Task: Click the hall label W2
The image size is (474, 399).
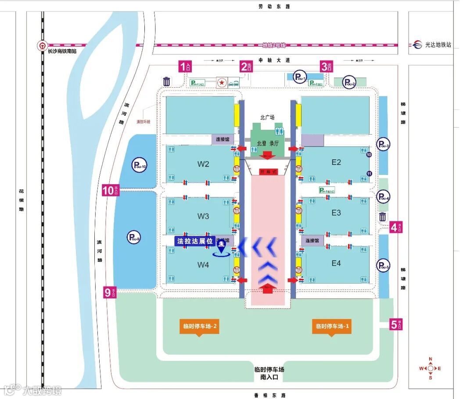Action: [203, 164]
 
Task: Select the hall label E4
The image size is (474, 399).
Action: [336, 263]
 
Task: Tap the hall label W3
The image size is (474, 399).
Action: [203, 216]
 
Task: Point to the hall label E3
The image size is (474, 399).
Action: [336, 213]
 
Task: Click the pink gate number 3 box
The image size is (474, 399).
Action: [325, 67]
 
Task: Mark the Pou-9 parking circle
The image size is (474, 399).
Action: [134, 238]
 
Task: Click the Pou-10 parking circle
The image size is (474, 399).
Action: [139, 165]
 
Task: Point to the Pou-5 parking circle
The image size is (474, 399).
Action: [383, 265]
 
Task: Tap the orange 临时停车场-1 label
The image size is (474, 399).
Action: [332, 327]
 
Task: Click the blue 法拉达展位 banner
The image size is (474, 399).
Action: [194, 241]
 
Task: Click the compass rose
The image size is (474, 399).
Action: [430, 368]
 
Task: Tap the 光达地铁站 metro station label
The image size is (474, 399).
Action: [438, 45]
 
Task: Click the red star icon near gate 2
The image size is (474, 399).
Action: [223, 82]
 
